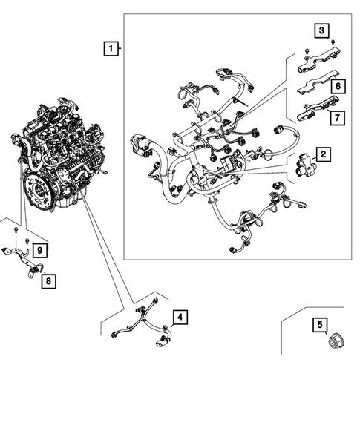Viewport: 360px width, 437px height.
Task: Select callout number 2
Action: [324, 154]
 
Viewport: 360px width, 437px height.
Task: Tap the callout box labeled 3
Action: [321, 30]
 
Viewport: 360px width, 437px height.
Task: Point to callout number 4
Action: [179, 318]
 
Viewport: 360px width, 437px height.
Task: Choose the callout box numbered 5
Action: [321, 324]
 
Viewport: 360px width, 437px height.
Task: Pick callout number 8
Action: [48, 280]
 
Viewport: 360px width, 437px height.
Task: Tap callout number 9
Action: [41, 249]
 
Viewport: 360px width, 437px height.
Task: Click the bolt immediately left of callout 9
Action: [27, 242]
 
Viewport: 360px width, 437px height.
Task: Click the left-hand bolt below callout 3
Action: [306, 51]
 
